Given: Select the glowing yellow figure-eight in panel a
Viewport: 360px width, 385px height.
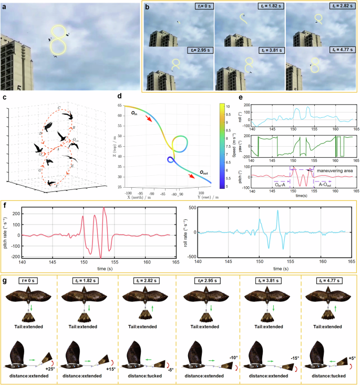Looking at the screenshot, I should point(58,40).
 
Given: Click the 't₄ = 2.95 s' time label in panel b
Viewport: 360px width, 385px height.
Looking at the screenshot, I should point(200,50).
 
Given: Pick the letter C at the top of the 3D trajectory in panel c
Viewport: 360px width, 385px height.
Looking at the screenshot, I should point(58,107).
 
